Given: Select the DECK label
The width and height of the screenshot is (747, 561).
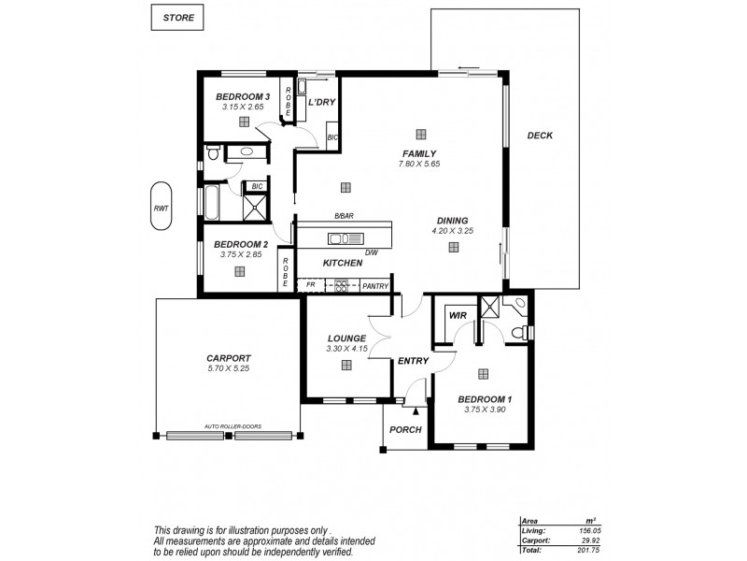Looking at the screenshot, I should click(540, 136).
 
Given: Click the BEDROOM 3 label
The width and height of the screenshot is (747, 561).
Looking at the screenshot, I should click(243, 97).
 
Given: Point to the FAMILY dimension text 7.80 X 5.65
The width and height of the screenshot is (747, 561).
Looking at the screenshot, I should click(418, 164).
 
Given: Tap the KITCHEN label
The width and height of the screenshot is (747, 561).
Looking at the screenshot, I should click(342, 264).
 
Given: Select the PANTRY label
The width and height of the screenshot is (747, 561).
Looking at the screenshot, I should click(375, 286).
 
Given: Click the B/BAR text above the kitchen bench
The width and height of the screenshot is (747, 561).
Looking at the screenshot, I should click(344, 216).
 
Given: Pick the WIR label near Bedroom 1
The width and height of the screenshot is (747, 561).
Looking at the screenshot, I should click(458, 316).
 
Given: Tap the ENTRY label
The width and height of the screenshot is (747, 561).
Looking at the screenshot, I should click(412, 360).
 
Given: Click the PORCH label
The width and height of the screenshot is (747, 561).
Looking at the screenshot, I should click(406, 429).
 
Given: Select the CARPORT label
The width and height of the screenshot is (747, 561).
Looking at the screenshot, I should click(228, 357).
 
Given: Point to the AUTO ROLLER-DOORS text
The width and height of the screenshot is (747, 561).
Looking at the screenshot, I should click(231, 426).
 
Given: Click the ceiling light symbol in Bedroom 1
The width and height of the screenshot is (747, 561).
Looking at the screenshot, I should click(483, 374).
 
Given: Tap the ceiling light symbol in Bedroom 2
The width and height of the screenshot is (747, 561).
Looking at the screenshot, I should click(240, 271).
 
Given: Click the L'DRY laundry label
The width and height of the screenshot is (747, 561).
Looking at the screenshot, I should click(322, 103).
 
